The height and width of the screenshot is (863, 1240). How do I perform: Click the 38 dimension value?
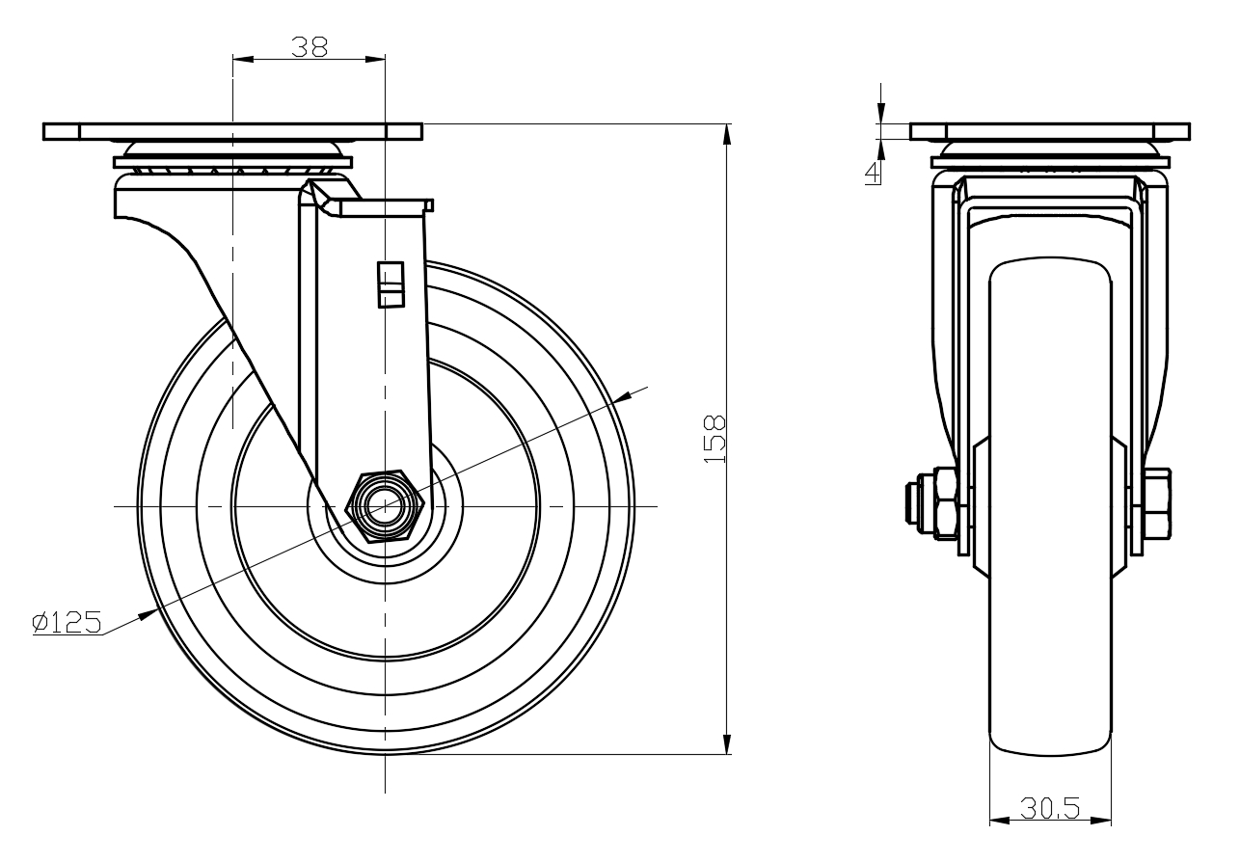[310, 47]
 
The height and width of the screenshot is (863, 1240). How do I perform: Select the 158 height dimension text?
[714, 439]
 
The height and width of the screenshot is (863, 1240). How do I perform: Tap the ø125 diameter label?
[67, 622]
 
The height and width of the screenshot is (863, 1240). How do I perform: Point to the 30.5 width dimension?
[1050, 809]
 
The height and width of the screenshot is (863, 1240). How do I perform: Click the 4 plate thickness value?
[873, 173]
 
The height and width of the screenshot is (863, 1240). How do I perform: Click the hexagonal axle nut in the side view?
[945, 503]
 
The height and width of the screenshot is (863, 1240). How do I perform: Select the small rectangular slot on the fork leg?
[391, 284]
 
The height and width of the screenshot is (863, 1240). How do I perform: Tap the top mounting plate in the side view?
[1050, 132]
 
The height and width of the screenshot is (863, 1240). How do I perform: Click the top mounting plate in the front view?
[233, 132]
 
